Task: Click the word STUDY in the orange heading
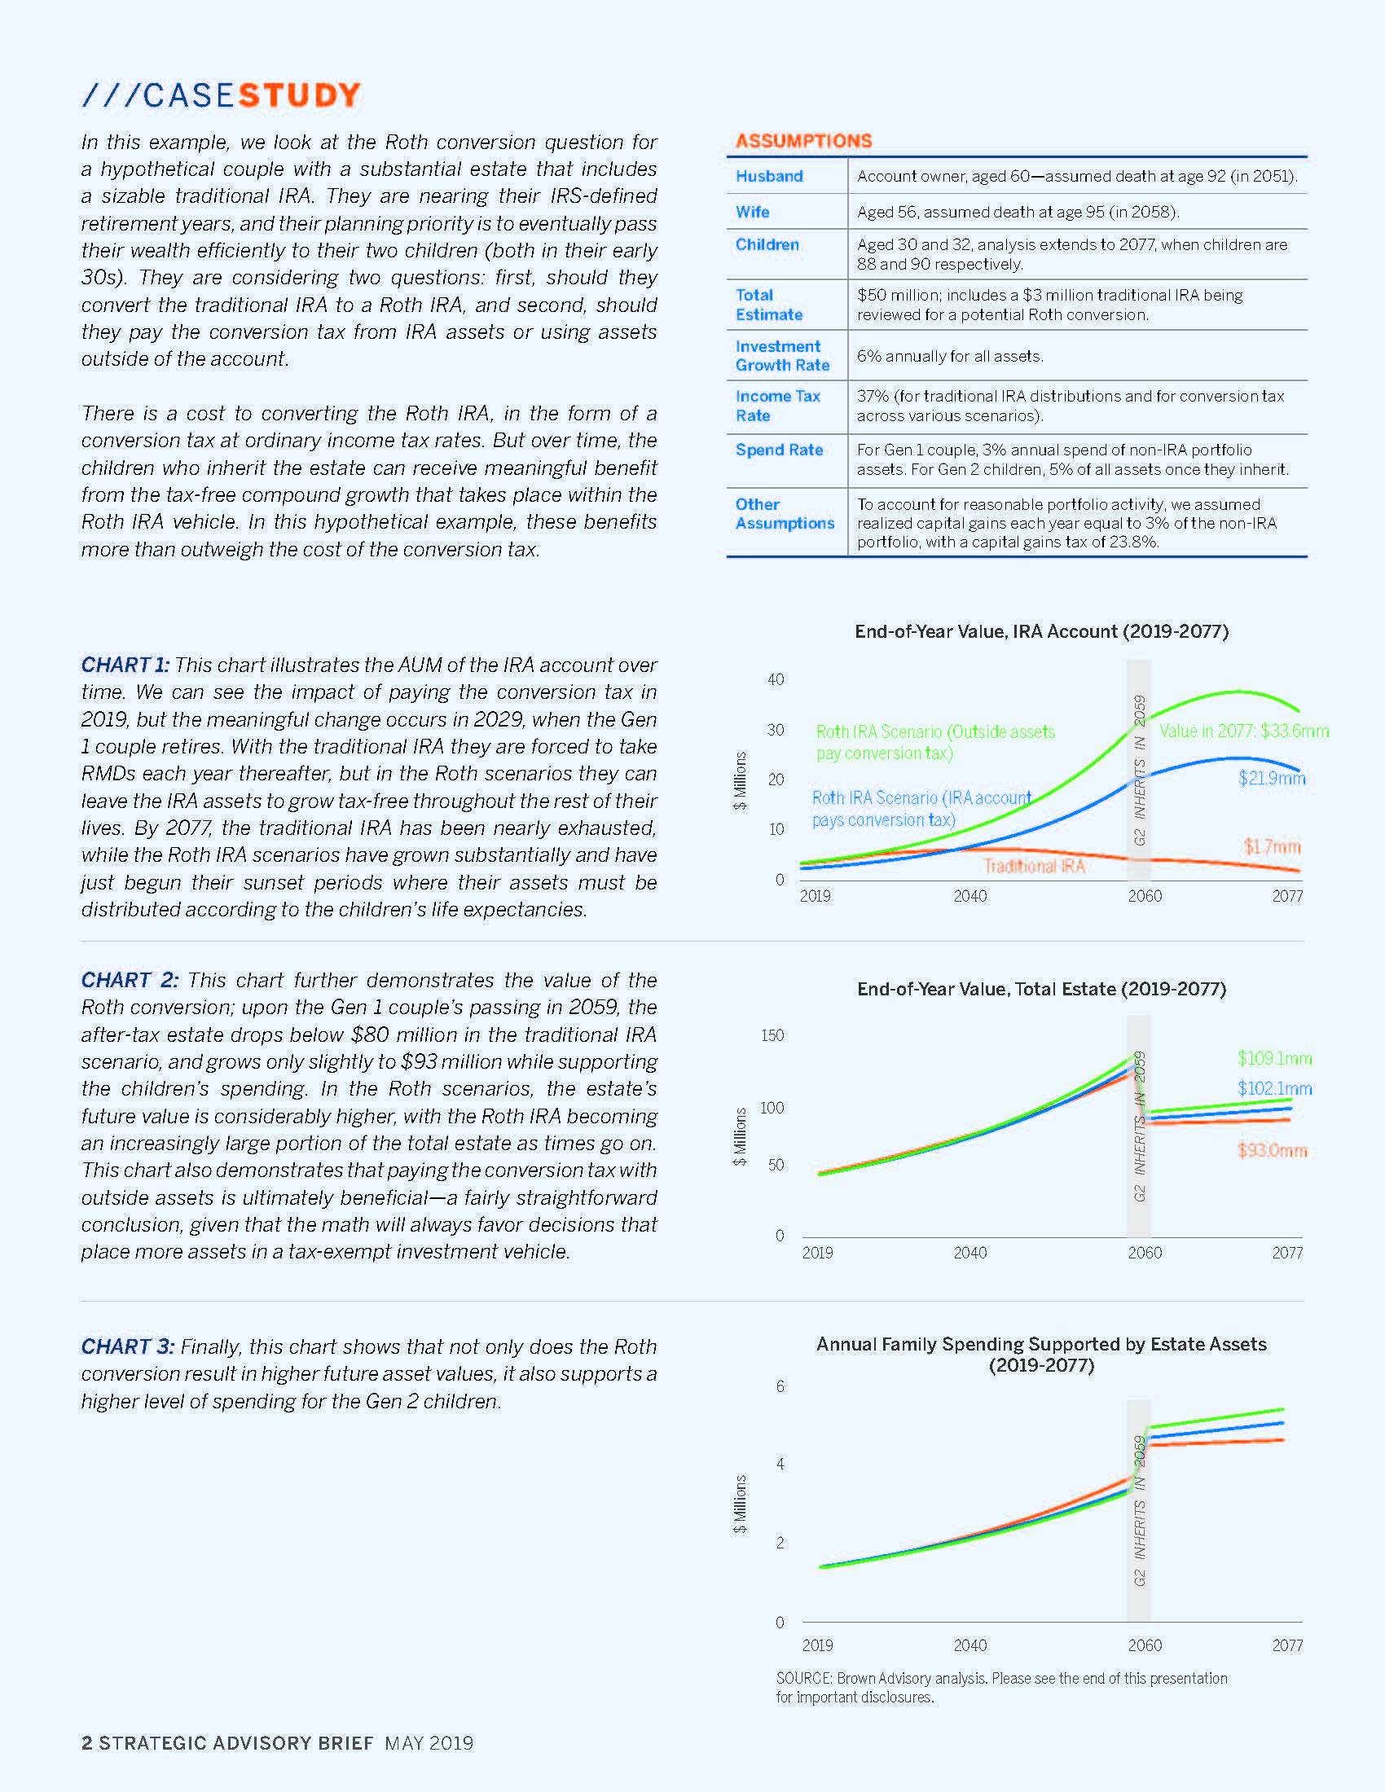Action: click(300, 95)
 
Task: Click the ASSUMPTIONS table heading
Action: click(803, 141)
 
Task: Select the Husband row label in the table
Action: click(769, 177)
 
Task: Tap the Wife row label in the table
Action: click(753, 212)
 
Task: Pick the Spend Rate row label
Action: click(779, 450)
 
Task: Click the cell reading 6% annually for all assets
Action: click(949, 356)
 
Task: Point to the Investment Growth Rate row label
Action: click(782, 356)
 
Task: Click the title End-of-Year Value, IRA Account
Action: click(1041, 631)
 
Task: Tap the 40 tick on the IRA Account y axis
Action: click(776, 679)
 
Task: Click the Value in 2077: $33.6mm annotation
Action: click(1243, 731)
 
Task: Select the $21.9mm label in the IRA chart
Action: click(1271, 778)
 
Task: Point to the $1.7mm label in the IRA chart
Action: click(1272, 846)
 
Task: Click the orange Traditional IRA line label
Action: click(1034, 867)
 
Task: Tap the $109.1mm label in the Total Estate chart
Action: click(1274, 1058)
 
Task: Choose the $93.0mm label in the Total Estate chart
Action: click(1272, 1150)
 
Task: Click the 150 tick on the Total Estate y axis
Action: click(772, 1035)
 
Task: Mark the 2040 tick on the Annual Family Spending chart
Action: click(969, 1645)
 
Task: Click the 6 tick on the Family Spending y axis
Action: click(780, 1386)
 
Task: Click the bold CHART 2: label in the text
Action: click(129, 980)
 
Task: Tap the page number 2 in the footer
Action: click(87, 1743)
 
